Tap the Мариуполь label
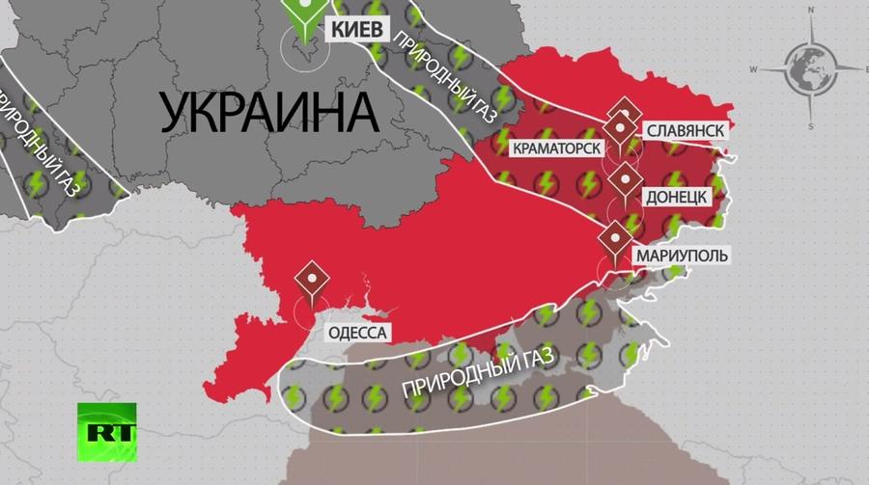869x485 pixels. (x=681, y=256)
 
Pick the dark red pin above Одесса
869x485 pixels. (x=312, y=280)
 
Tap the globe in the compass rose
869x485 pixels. (x=810, y=69)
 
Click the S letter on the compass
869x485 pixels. (x=812, y=125)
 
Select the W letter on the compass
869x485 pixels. (x=754, y=69)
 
